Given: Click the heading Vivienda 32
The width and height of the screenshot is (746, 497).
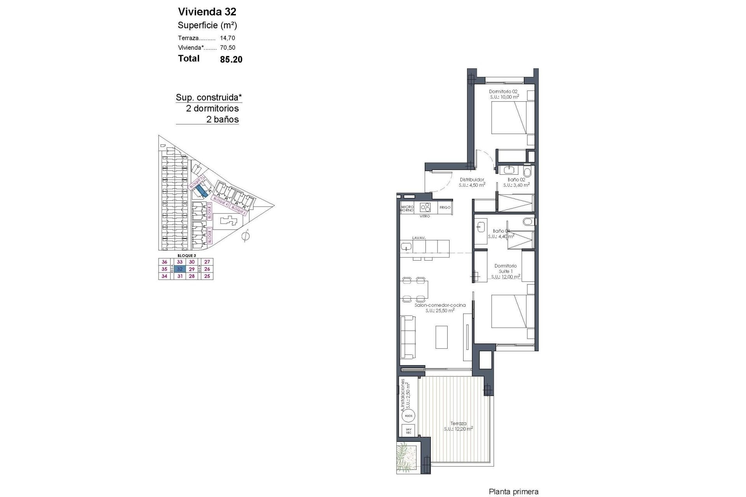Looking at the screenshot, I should click(207, 11).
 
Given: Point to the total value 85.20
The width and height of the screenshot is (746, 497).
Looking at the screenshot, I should click(231, 59).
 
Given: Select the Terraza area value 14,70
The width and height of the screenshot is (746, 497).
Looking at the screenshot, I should click(227, 38).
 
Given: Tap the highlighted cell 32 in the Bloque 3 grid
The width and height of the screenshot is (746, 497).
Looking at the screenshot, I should click(180, 269).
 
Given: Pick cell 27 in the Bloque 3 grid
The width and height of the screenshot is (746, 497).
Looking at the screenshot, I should click(207, 262).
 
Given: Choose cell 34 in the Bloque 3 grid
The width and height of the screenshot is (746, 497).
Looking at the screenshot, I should click(164, 276).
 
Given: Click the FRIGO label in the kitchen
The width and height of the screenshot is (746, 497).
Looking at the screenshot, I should click(445, 207).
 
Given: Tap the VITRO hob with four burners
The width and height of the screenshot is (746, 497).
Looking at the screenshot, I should click(425, 207).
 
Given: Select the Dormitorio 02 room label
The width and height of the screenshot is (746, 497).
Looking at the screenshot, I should click(503, 92).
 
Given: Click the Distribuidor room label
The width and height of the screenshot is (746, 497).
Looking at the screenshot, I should click(472, 180).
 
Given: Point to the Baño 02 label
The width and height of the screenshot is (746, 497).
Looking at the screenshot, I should click(516, 180).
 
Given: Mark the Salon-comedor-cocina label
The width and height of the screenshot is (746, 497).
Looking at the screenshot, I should click(440, 305).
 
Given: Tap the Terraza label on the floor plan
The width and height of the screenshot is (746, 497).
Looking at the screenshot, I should click(458, 424).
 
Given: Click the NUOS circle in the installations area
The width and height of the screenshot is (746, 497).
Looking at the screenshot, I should click(408, 416).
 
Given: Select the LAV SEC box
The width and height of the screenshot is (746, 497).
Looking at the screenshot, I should click(408, 430).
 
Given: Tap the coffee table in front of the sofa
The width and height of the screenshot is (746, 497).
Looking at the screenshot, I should click(441, 337).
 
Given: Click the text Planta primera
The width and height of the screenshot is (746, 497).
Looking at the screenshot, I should click(513, 492).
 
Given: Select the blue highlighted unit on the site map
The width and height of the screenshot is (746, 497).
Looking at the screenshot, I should click(201, 190).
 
